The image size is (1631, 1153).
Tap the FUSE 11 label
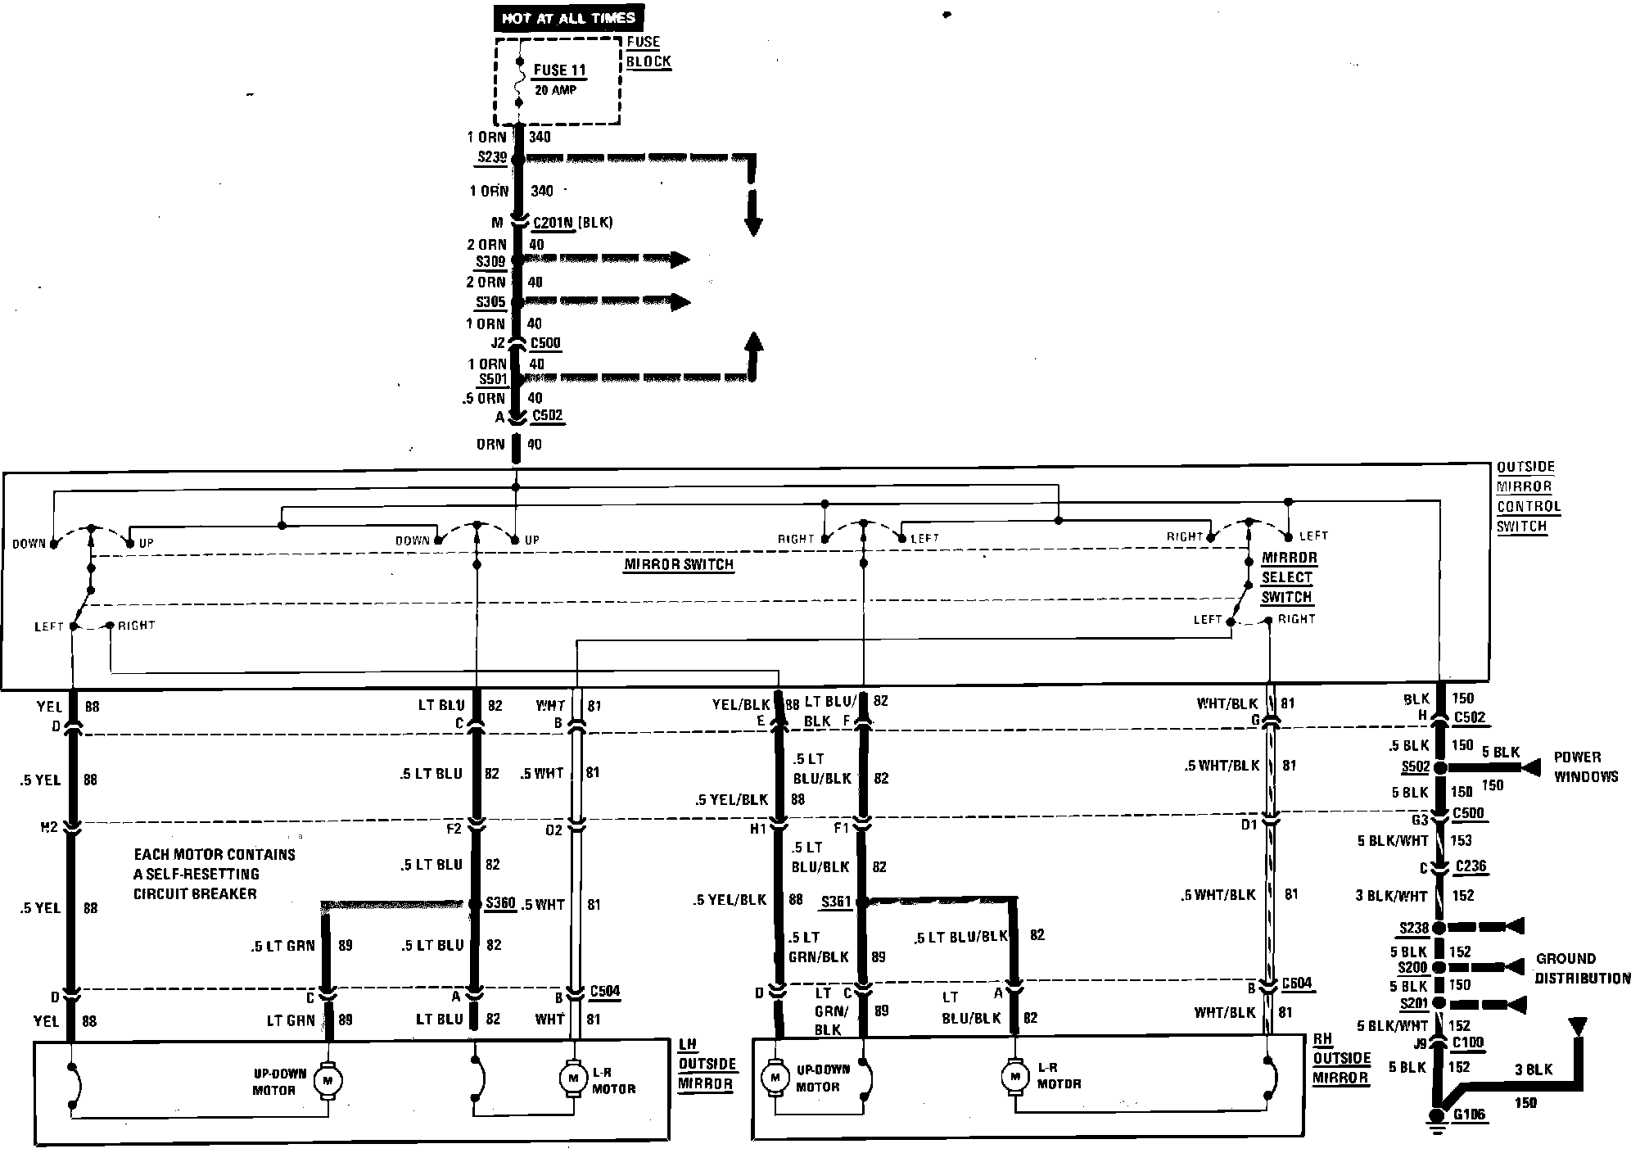tap(559, 70)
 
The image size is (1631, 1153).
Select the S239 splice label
tap(492, 156)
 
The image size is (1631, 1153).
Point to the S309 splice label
tap(491, 261)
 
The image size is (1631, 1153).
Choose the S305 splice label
tap(491, 302)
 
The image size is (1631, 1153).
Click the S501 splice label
tap(493, 379)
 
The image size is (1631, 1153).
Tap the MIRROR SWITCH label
tap(679, 564)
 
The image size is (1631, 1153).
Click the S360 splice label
tap(500, 902)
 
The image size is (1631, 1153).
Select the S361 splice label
tap(836, 902)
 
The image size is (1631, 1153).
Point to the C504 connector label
tap(604, 992)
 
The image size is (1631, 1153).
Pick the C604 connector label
tap(1298, 983)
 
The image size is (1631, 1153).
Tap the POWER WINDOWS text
tap(1585, 766)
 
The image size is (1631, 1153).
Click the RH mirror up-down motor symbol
tap(774, 1077)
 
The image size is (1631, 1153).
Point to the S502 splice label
tap(1415, 767)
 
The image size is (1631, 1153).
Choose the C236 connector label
tap(1471, 866)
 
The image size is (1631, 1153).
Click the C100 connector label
tap(1469, 1043)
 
